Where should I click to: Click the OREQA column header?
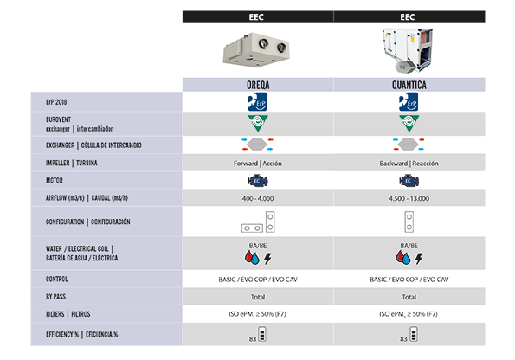(x=258, y=85)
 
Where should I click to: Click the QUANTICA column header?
(x=409, y=85)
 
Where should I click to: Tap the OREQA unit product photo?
(x=256, y=49)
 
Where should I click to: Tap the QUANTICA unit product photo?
(x=408, y=50)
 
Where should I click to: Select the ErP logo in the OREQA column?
(x=257, y=102)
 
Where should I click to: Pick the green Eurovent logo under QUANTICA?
(x=409, y=123)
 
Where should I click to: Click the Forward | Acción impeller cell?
(x=258, y=164)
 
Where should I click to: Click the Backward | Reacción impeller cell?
(x=409, y=164)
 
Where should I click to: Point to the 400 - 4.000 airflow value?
(x=258, y=198)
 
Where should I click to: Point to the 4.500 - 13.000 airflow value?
(x=409, y=198)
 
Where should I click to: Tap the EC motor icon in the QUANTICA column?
(x=409, y=181)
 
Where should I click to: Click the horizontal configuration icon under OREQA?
(x=252, y=228)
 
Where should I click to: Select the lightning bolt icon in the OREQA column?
(x=268, y=259)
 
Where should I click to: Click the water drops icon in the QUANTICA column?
(x=403, y=258)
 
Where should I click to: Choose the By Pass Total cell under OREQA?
(x=258, y=297)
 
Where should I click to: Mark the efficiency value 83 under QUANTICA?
(x=403, y=339)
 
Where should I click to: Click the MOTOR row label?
(x=55, y=180)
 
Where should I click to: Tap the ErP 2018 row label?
(x=56, y=102)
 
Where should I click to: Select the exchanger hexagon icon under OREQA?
(x=257, y=145)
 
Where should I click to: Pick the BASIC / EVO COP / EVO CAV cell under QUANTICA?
(x=409, y=280)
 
